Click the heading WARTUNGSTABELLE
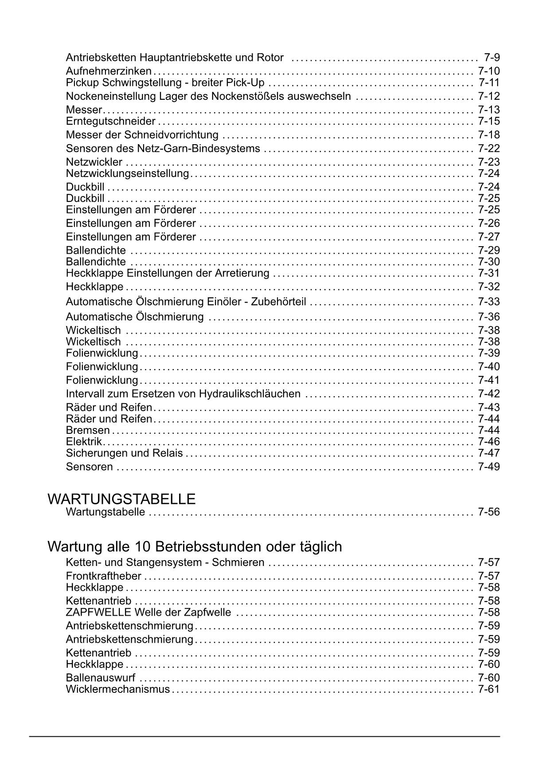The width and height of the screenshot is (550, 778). tap(121, 499)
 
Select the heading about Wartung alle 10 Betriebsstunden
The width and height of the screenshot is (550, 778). tap(195, 546)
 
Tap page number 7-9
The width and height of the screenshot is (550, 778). tap(492, 58)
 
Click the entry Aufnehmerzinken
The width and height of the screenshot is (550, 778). tap(109, 71)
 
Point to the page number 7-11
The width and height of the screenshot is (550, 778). tap(489, 83)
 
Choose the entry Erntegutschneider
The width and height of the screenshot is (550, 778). tap(111, 122)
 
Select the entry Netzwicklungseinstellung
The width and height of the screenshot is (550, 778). tap(128, 173)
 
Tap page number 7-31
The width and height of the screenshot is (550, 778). tap(489, 273)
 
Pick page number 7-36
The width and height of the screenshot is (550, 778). tap(489, 317)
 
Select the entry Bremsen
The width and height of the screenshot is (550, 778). tap(88, 430)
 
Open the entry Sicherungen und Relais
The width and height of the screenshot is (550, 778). tap(124, 453)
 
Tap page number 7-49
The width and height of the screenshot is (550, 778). tap(489, 467)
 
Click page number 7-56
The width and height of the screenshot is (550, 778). tap(489, 512)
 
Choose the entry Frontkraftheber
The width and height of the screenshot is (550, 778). tap(103, 576)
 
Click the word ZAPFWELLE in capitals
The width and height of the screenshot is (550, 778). tap(98, 613)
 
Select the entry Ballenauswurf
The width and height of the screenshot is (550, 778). tap(101, 678)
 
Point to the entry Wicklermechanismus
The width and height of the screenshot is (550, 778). tap(118, 690)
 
